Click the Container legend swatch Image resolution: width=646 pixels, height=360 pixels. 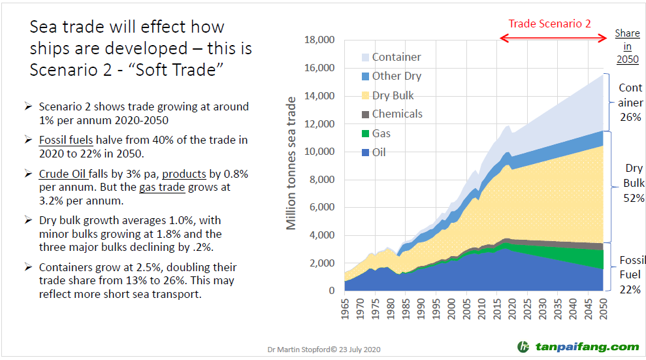[x=364, y=57]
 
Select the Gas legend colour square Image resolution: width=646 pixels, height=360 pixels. [x=364, y=133]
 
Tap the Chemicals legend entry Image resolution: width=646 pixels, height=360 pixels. [x=397, y=114]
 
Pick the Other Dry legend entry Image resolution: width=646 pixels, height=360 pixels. [x=396, y=76]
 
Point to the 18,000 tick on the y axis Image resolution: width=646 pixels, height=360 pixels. [x=319, y=41]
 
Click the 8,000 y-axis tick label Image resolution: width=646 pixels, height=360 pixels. [x=322, y=180]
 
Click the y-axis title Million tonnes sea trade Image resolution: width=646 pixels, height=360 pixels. [x=291, y=163]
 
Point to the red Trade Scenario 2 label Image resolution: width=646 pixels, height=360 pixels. [x=549, y=24]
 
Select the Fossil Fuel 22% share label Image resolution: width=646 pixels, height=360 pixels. [x=630, y=275]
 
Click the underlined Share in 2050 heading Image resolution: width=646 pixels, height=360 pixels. [x=627, y=46]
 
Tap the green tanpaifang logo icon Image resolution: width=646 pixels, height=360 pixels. [x=523, y=346]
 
